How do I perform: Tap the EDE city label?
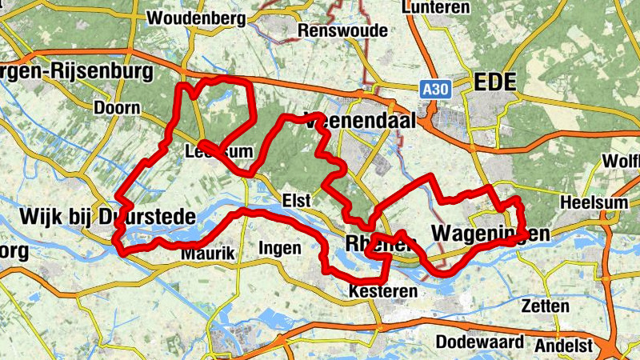tap(495, 82)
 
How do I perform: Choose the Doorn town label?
tap(117, 108)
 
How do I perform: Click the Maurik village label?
tap(208, 254)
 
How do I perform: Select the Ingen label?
tap(279, 249)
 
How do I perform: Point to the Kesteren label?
tap(383, 292)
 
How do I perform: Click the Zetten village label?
tap(545, 306)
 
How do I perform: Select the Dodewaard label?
tap(480, 342)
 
